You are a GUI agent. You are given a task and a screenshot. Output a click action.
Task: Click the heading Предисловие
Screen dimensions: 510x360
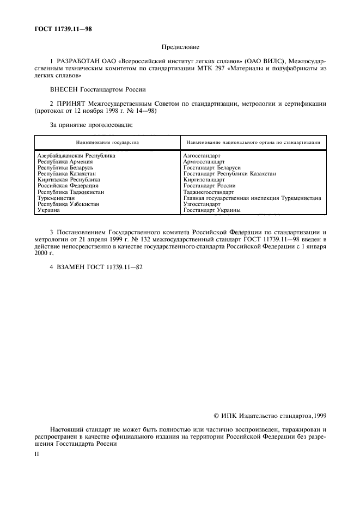(180, 47)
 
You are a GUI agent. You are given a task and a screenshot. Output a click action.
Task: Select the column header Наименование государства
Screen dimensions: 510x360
(107, 142)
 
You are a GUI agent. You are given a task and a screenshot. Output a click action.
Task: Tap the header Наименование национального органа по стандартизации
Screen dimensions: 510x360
(253, 142)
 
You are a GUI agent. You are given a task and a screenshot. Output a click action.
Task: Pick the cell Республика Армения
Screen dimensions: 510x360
(65, 161)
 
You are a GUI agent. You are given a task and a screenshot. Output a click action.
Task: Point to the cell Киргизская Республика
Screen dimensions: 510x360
(69, 179)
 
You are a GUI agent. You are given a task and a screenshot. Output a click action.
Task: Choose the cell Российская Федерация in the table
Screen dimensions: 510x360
(68, 186)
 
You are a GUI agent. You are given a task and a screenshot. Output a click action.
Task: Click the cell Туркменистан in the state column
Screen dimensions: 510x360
(56, 198)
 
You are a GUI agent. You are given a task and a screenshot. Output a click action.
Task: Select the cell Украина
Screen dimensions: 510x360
(48, 210)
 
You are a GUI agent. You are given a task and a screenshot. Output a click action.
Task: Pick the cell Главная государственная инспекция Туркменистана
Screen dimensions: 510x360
(252, 198)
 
